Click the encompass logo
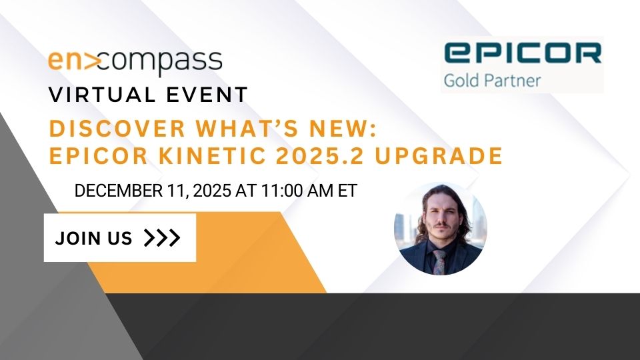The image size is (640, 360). (x=135, y=62)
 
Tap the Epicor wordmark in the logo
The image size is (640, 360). (x=523, y=53)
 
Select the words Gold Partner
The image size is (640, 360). (x=492, y=81)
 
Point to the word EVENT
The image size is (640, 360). (x=207, y=95)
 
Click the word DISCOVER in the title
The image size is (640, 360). (x=117, y=129)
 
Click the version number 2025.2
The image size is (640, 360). (x=319, y=156)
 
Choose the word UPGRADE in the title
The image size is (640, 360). (x=439, y=156)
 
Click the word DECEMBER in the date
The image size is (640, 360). (x=119, y=191)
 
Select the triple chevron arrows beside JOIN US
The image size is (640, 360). (x=162, y=238)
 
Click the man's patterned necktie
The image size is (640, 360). (x=439, y=262)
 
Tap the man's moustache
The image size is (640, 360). (x=440, y=225)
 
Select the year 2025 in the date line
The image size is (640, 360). (x=212, y=191)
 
